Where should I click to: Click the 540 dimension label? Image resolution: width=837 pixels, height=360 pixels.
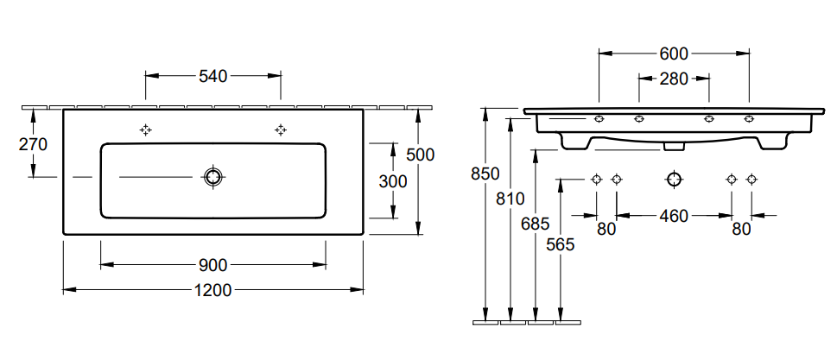point(213,76)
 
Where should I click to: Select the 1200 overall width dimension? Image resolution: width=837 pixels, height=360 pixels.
point(213,290)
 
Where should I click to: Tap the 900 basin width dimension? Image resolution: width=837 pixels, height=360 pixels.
point(213,264)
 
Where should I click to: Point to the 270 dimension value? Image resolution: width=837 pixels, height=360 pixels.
point(33,144)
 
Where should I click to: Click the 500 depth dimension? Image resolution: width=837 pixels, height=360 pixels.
point(420,155)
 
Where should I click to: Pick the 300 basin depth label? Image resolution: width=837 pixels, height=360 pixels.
point(393,181)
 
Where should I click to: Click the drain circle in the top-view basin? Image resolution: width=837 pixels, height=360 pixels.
point(213,177)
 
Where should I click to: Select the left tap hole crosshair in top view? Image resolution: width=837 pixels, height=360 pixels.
point(145,129)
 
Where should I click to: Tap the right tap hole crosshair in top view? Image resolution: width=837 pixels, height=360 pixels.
point(281,129)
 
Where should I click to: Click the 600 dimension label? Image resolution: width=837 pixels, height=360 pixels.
point(674,54)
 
